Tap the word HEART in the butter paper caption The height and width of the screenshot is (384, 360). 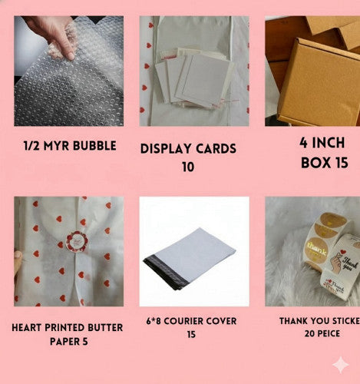coord(30,328)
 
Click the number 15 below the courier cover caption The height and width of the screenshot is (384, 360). coord(191,335)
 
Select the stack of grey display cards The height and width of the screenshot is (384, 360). coord(190,77)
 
